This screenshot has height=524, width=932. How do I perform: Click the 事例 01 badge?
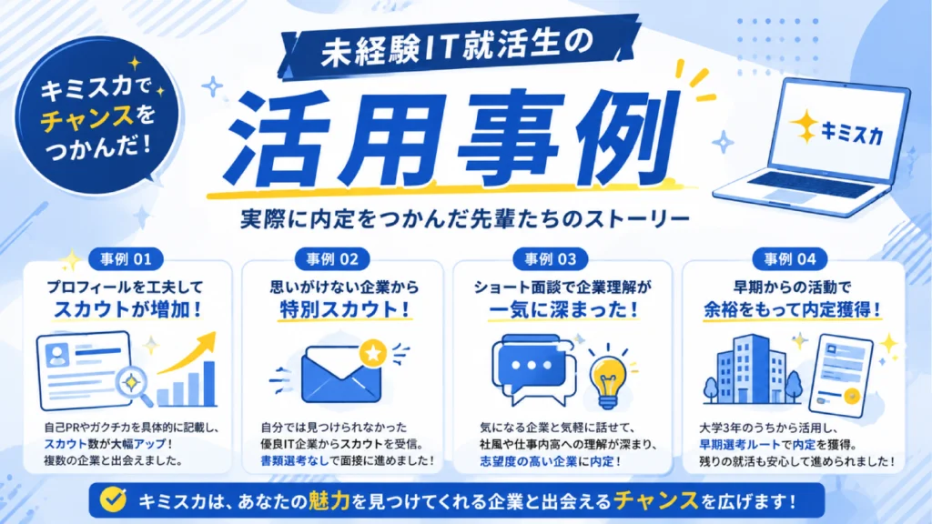126,259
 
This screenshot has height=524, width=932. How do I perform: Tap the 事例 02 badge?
332,259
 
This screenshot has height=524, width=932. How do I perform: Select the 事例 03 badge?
551,259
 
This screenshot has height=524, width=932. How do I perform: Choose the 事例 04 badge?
790,259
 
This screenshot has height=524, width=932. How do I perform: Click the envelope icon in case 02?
341,375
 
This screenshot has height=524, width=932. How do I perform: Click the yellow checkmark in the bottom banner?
113,500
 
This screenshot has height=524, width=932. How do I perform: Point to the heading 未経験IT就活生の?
457,48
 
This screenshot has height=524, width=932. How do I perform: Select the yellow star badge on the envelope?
373,354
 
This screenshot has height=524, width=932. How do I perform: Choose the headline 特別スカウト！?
345,309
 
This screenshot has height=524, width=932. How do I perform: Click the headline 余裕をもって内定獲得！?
793,309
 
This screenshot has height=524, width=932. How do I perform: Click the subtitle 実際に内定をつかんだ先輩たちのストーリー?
465,219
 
